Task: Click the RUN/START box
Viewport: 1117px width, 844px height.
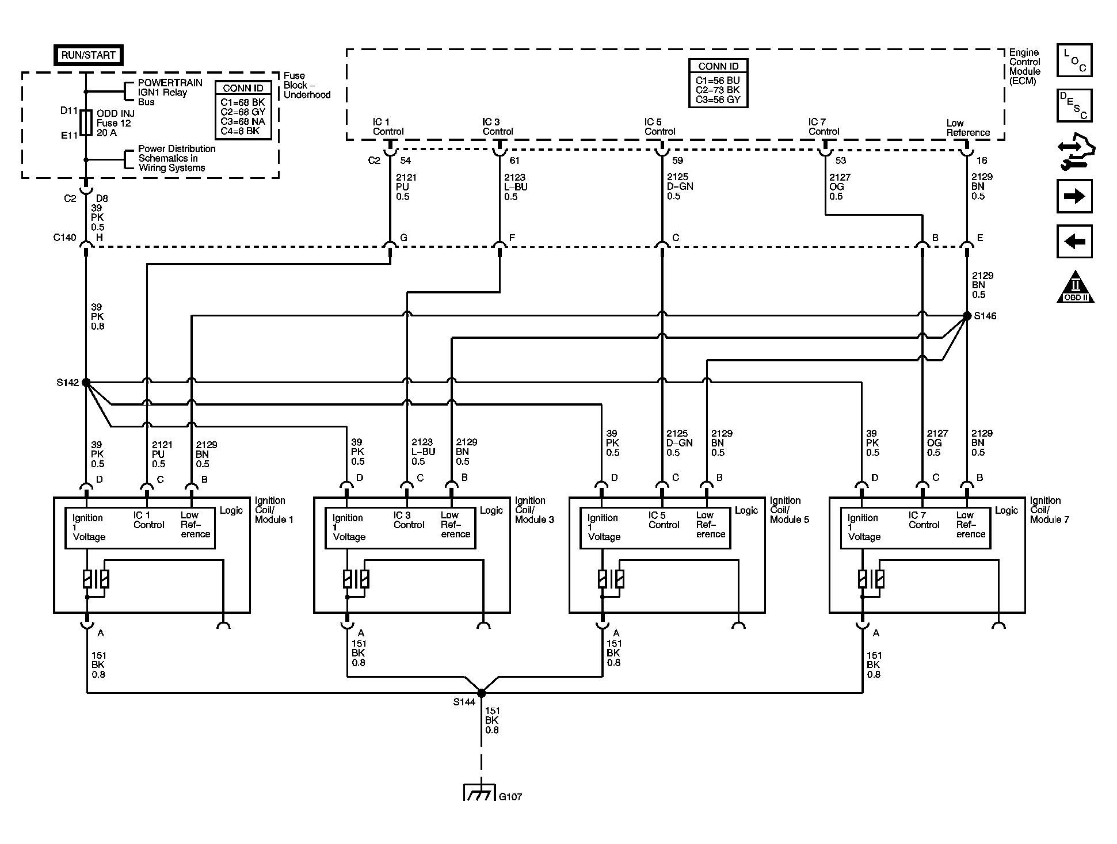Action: point(89,55)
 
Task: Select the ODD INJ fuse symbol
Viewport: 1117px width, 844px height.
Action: point(86,123)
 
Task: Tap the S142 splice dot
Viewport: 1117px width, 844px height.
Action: point(86,382)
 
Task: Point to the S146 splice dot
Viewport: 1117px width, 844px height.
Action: point(967,316)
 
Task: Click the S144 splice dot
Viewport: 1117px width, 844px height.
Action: point(481,693)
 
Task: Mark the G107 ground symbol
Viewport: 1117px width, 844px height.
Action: point(479,792)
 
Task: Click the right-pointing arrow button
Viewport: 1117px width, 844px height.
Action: point(1074,196)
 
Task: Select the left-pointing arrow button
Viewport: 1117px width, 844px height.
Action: point(1074,241)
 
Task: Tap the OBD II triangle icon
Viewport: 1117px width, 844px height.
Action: point(1075,287)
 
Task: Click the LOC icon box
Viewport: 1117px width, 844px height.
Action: point(1074,60)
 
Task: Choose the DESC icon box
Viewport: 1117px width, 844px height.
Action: point(1074,105)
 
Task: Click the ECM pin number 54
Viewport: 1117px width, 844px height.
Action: point(405,161)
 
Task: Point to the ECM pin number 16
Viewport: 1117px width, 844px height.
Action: point(982,161)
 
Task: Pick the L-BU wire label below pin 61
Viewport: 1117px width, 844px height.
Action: point(516,187)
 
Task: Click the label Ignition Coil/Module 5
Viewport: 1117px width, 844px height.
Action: point(790,510)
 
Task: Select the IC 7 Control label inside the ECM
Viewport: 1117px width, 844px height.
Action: point(824,127)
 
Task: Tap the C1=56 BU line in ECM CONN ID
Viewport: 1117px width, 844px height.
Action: point(718,81)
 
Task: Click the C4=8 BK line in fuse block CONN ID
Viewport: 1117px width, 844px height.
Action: point(240,131)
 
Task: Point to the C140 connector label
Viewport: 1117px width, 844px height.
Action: point(64,238)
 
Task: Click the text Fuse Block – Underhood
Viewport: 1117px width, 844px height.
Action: point(307,85)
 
